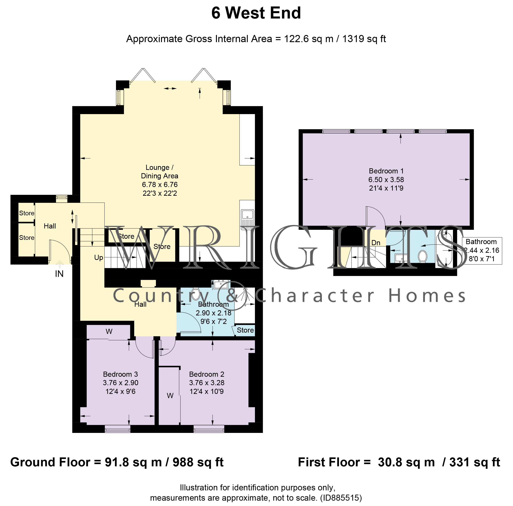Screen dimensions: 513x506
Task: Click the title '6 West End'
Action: tap(256, 13)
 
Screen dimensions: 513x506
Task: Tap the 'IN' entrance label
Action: tap(59, 274)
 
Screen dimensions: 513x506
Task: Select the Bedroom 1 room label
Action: tap(386, 171)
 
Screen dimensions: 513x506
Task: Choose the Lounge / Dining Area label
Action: tap(159, 172)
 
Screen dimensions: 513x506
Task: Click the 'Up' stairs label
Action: tap(99, 257)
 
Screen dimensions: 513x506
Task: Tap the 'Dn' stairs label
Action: tap(376, 243)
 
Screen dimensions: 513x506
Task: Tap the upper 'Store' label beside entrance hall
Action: tap(27, 213)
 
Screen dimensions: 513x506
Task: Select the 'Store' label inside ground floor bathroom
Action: tap(245, 330)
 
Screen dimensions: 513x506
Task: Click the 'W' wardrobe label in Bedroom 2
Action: tap(170, 396)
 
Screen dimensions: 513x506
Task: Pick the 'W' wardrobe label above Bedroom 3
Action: tap(109, 331)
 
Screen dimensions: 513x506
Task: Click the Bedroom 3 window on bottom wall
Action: tap(118, 429)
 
